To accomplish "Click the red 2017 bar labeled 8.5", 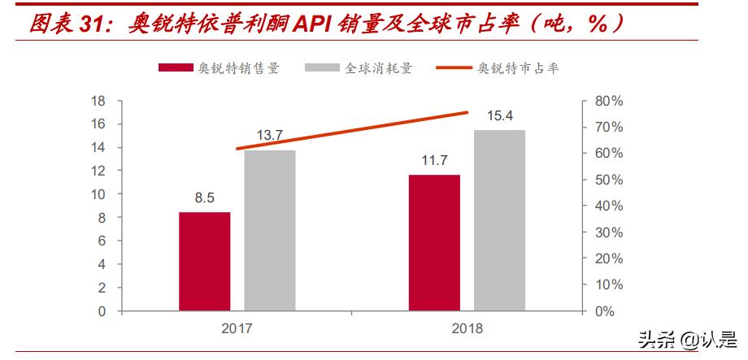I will pos(204,261).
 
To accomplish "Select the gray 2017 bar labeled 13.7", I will pos(269,230).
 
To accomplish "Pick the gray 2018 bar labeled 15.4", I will pos(499,220).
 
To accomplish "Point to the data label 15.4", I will pos(499,116).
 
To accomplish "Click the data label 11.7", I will pos(434,160).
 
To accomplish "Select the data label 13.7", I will pos(269,135).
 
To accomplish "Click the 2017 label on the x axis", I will pos(237,328).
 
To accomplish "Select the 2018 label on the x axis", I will pos(467,328).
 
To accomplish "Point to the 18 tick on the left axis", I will pos(98,102).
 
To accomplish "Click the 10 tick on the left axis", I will pos(98,194).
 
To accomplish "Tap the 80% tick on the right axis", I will pos(608,102).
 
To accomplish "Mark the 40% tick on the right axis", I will pos(608,206).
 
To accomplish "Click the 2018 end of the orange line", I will pos(467,112).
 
